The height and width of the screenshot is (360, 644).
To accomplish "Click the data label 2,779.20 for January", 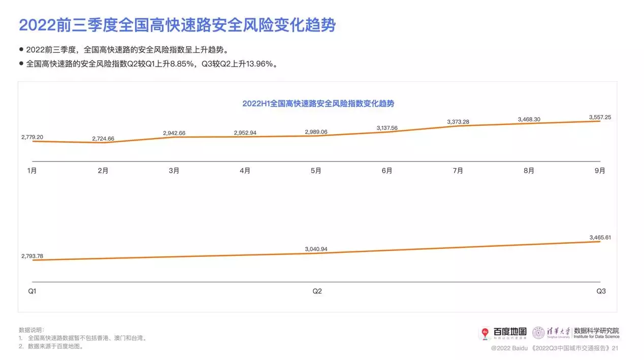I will tap(32, 137).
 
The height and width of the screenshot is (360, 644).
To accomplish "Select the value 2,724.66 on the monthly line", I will tap(103, 139).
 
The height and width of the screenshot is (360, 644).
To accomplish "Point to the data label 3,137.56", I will tap(387, 128).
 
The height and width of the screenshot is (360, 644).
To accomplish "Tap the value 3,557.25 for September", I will tap(600, 117).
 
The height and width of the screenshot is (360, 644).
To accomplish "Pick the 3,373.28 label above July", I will tap(458, 122).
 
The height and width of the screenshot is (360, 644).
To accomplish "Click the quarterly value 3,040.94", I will tap(316, 249).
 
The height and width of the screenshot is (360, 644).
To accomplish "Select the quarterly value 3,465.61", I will tap(600, 237).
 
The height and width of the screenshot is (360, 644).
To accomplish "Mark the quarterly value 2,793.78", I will tap(32, 255).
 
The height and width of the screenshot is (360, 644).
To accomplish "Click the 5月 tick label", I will tap(316, 171).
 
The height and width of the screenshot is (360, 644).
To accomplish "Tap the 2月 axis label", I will tap(103, 171).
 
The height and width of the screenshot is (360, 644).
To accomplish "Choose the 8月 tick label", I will tap(529, 171).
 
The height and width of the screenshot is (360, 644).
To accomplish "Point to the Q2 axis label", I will tap(317, 291).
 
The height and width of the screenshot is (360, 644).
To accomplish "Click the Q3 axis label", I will tap(601, 291).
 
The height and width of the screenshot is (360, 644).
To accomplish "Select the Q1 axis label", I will tap(32, 291).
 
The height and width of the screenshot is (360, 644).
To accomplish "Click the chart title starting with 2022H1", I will tap(318, 104).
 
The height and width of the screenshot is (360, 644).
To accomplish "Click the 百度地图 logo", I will tap(504, 332).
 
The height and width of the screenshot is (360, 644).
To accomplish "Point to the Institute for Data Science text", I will tap(596, 336).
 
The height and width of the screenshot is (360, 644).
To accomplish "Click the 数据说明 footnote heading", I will tap(31, 330).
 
